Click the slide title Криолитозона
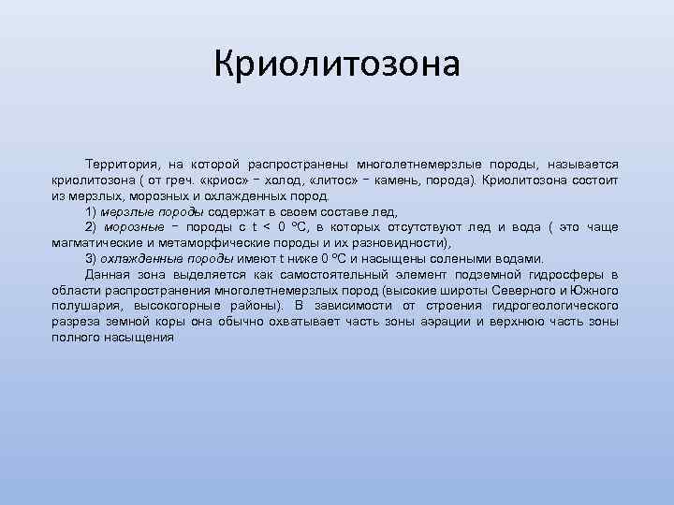point(337,65)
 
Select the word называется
point(583,165)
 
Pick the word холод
point(264,180)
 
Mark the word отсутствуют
point(448,227)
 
